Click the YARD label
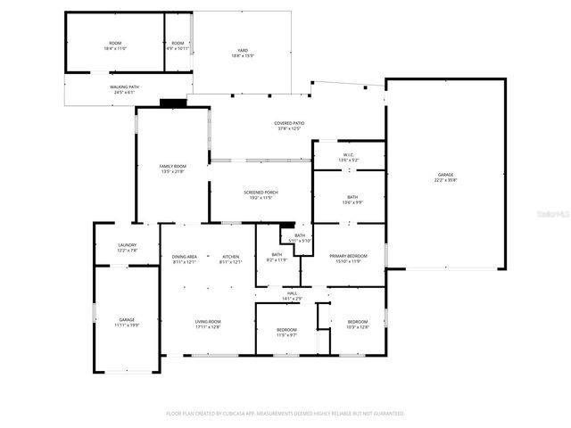pyautogui.click(x=242, y=51)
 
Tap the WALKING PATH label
pyautogui.click(x=124, y=87)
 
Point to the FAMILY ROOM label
pyautogui.click(x=172, y=167)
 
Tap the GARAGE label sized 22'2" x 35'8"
pyautogui.click(x=445, y=175)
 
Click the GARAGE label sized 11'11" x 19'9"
pyautogui.click(x=127, y=319)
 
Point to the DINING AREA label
pyautogui.click(x=185, y=257)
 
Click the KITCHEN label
pyautogui.click(x=231, y=257)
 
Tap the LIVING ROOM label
pyautogui.click(x=208, y=322)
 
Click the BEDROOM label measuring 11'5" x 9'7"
pyautogui.click(x=286, y=330)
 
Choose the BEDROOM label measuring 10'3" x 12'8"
pyautogui.click(x=357, y=322)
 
